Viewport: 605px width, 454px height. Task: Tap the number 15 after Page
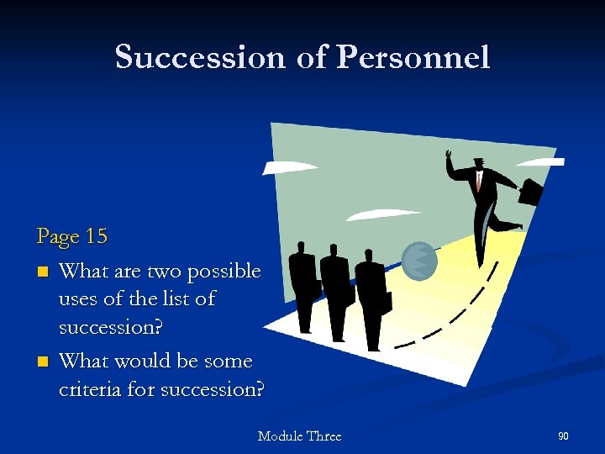(97, 236)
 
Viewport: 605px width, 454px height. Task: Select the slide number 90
(563, 436)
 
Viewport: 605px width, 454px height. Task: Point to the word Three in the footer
(324, 436)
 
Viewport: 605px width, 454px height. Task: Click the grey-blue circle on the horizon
(419, 260)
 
